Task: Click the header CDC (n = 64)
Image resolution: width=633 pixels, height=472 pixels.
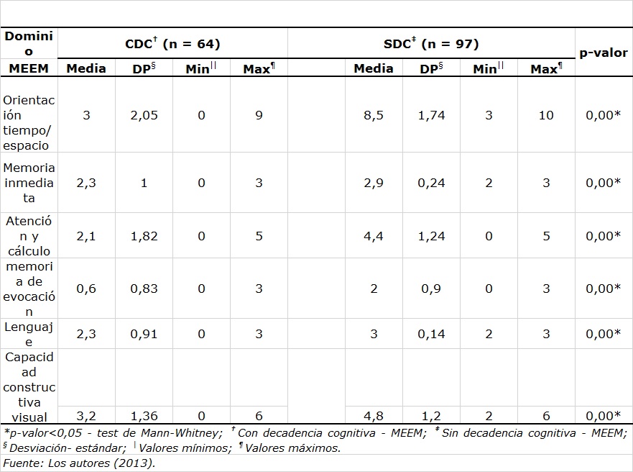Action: click(x=172, y=44)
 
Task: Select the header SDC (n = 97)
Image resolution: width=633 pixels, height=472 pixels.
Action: click(x=431, y=44)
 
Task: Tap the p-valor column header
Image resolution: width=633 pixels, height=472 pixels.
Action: click(x=604, y=53)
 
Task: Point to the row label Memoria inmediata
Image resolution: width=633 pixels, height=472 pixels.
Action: click(x=29, y=183)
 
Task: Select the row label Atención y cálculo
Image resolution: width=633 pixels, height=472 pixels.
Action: click(x=29, y=235)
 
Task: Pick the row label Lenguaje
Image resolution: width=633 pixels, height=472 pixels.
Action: click(x=29, y=334)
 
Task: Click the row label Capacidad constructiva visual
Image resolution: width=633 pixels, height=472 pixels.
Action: click(x=29, y=386)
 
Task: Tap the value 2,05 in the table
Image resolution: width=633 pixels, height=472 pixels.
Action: click(x=144, y=115)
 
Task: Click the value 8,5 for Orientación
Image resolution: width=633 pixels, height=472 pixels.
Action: click(x=374, y=115)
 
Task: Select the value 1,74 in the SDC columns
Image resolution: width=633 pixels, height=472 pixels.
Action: click(x=431, y=115)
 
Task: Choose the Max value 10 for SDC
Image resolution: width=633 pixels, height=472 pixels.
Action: click(x=546, y=115)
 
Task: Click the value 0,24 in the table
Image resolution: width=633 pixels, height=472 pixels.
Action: click(x=431, y=183)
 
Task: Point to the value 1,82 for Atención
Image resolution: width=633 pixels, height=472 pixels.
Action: click(x=144, y=236)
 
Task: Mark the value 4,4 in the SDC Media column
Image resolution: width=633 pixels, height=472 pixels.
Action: click(x=374, y=236)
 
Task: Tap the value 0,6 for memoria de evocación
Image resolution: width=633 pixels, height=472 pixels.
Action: click(x=86, y=289)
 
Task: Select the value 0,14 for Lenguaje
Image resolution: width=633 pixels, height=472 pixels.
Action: click(x=431, y=334)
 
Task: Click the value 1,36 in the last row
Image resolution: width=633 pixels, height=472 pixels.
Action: click(x=144, y=415)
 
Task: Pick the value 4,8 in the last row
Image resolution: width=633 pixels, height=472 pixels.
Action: click(x=374, y=415)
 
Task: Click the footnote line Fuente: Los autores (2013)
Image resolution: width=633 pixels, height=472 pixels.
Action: click(x=79, y=463)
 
